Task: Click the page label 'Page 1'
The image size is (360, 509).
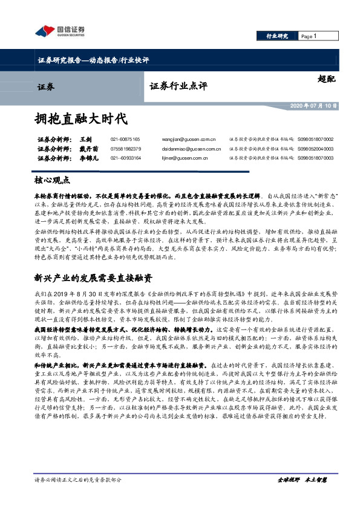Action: click(309, 36)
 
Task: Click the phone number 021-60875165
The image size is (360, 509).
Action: click(126, 139)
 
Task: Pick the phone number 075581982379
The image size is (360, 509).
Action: click(126, 149)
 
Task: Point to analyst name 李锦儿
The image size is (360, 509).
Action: click(89, 158)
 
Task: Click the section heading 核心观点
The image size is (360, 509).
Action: click(52, 180)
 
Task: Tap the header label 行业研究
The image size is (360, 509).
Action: click(277, 36)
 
